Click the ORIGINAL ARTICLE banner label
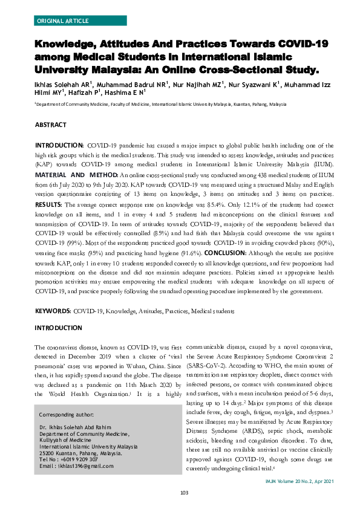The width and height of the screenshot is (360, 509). click(x=62, y=20)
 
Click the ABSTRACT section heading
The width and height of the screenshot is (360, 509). click(x=51, y=124)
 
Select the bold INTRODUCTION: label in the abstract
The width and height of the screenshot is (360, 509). click(x=59, y=146)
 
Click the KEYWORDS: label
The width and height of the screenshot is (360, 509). click(x=53, y=311)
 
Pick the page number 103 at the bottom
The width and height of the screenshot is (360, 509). click(x=185, y=493)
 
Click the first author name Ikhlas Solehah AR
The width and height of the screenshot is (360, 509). click(x=60, y=84)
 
